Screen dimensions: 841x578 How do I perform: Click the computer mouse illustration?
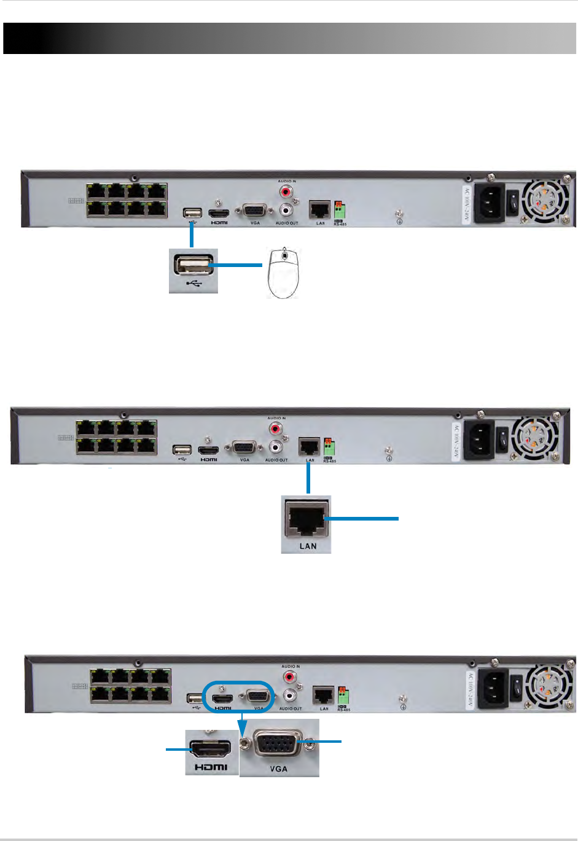(283, 274)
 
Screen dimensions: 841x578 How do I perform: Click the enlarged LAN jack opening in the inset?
(307, 519)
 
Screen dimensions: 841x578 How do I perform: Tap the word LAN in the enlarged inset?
(308, 546)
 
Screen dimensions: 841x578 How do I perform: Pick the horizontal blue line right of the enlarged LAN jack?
(362, 519)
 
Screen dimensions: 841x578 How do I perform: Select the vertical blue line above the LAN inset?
(308, 479)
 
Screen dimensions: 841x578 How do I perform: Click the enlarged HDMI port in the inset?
(211, 749)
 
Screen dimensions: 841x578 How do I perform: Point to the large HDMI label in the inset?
(211, 767)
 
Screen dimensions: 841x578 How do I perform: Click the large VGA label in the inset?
(278, 769)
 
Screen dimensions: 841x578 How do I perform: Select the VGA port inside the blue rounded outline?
(257, 696)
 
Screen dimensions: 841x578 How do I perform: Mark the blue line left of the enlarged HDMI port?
(177, 749)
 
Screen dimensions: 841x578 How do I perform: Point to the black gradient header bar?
(289, 39)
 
